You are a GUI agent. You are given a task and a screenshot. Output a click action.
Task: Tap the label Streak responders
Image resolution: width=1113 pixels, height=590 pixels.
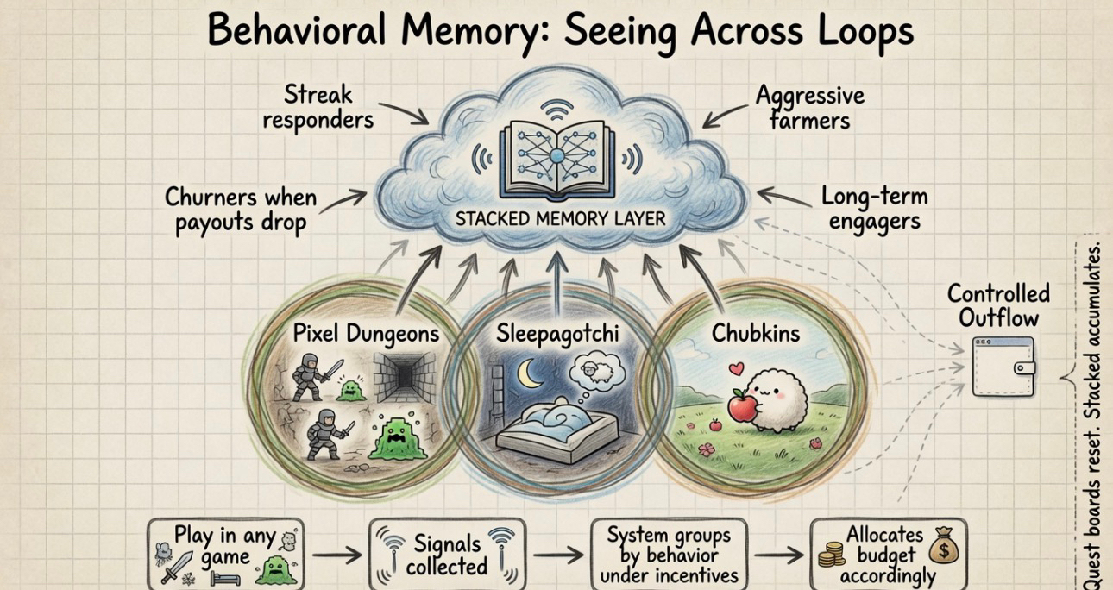pyautogui.click(x=318, y=106)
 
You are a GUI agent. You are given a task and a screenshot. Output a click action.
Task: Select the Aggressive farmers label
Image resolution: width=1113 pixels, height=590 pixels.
pyautogui.click(x=809, y=107)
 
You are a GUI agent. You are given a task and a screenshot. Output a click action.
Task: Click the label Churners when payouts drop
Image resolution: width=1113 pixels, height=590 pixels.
pyautogui.click(x=240, y=210)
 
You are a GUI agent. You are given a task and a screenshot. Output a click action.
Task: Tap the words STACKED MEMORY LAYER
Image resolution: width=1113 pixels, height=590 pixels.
pyautogui.click(x=560, y=217)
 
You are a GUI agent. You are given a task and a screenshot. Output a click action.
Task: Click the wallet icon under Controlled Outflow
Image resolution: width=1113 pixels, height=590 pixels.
pyautogui.click(x=1003, y=367)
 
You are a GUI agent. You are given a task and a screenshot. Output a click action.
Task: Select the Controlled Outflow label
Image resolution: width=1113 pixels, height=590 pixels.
pyautogui.click(x=998, y=304)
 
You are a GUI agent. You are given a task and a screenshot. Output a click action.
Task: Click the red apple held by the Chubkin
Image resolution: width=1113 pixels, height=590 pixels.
pyautogui.click(x=742, y=405)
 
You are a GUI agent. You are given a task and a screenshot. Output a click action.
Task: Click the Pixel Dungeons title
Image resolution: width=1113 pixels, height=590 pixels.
pyautogui.click(x=366, y=333)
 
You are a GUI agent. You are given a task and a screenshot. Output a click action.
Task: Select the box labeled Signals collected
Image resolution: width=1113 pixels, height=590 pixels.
pyautogui.click(x=446, y=554)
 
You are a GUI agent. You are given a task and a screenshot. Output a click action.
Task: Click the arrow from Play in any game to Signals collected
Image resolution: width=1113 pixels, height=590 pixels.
pyautogui.click(x=336, y=555)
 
